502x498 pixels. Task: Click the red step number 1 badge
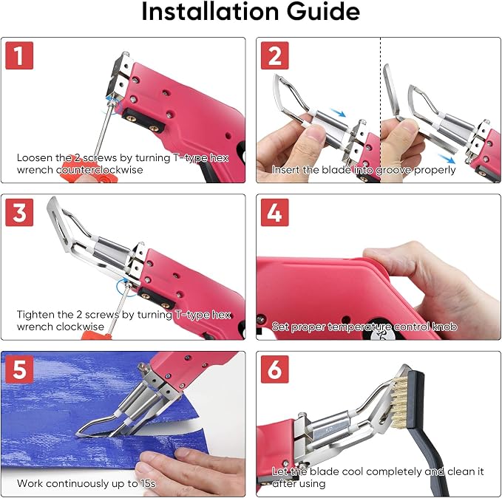click(19, 55)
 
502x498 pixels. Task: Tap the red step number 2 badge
click(275, 55)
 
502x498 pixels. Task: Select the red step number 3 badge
click(19, 212)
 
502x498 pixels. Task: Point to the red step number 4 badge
click(275, 212)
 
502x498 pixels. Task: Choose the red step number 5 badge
click(19, 369)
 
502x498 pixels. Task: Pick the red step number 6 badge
click(275, 369)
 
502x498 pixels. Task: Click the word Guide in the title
click(323, 12)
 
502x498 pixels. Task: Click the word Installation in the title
click(210, 12)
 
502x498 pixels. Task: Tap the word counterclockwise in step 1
click(100, 170)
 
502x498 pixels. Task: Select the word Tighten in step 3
click(35, 315)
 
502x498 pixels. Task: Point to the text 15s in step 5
click(147, 483)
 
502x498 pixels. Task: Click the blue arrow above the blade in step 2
click(338, 112)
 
